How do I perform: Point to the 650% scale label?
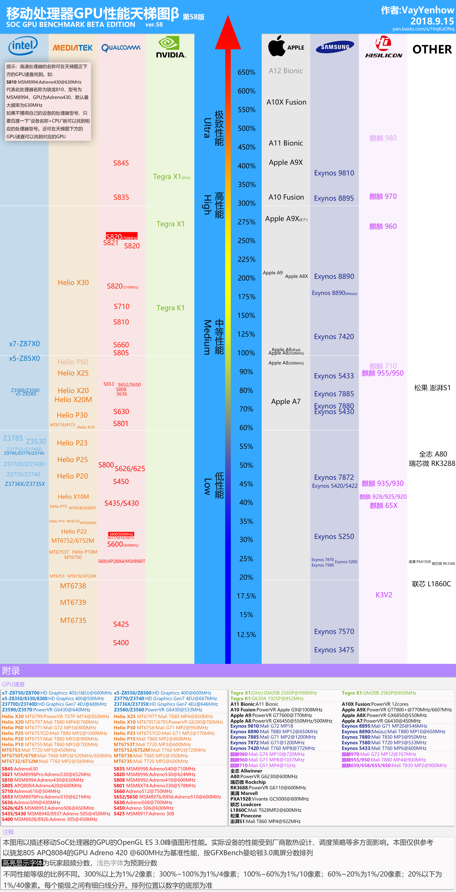246,72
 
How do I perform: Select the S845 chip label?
121,163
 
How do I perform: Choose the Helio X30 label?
73,283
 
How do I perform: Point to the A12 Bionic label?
286,71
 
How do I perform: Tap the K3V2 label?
384,595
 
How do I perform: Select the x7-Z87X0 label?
24,344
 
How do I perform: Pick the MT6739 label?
73,603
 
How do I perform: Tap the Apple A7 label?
286,402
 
